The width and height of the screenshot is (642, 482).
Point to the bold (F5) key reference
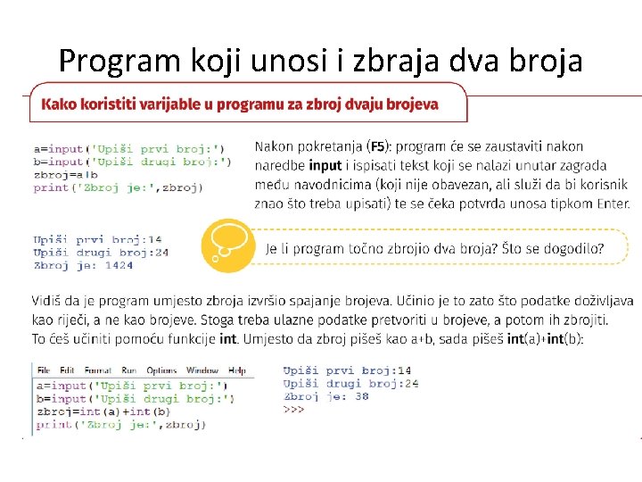tap(378, 145)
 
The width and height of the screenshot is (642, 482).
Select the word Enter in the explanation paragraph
tap(612, 204)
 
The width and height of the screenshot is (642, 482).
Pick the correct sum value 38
tap(361, 396)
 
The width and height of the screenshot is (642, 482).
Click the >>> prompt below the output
tap(294, 409)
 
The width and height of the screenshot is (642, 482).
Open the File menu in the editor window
tap(44, 370)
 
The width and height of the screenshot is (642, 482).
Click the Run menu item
tap(129, 370)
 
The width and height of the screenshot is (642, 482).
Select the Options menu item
tap(161, 370)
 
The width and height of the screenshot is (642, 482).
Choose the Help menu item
tap(237, 370)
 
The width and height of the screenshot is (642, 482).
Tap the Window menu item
tap(202, 370)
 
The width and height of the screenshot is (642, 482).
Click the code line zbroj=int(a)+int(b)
tap(102, 411)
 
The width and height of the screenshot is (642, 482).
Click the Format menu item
tap(97, 370)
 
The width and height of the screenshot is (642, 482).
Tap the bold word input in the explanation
tap(325, 165)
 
